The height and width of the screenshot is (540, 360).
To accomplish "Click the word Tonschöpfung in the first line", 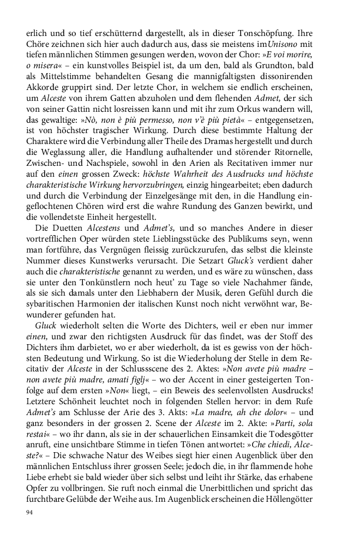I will pos(286,33).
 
